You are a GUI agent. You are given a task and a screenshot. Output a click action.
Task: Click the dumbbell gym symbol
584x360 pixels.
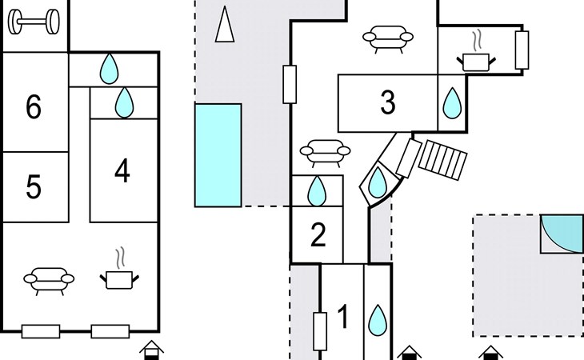(34, 22)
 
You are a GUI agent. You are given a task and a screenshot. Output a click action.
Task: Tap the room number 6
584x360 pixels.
(34, 107)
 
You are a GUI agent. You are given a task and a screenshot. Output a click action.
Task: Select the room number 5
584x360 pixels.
(34, 186)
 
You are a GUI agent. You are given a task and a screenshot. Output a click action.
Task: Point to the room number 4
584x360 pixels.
(122, 170)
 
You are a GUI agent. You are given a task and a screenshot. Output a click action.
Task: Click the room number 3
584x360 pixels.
(388, 102)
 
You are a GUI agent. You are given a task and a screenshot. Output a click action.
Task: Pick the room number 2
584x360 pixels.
(318, 234)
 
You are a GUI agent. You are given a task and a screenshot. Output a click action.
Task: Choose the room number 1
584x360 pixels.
(343, 317)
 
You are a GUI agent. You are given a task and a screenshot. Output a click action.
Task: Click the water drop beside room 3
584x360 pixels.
(452, 103)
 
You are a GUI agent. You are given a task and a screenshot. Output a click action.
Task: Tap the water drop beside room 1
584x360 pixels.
(378, 320)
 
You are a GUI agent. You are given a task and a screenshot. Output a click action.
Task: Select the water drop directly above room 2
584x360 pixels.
(317, 191)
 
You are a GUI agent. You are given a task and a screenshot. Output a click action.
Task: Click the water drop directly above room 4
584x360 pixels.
(124, 102)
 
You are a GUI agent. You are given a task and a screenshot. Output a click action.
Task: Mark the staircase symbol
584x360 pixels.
(443, 160)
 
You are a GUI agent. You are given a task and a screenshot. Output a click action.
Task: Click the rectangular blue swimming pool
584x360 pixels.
(218, 155)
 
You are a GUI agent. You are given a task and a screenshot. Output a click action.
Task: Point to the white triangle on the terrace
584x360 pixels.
(225, 25)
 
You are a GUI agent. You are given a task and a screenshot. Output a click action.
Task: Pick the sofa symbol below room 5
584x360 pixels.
(49, 280)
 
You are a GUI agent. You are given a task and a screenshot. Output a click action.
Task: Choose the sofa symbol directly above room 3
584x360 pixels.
(388, 38)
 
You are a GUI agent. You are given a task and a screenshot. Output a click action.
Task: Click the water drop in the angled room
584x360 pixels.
(378, 182)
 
